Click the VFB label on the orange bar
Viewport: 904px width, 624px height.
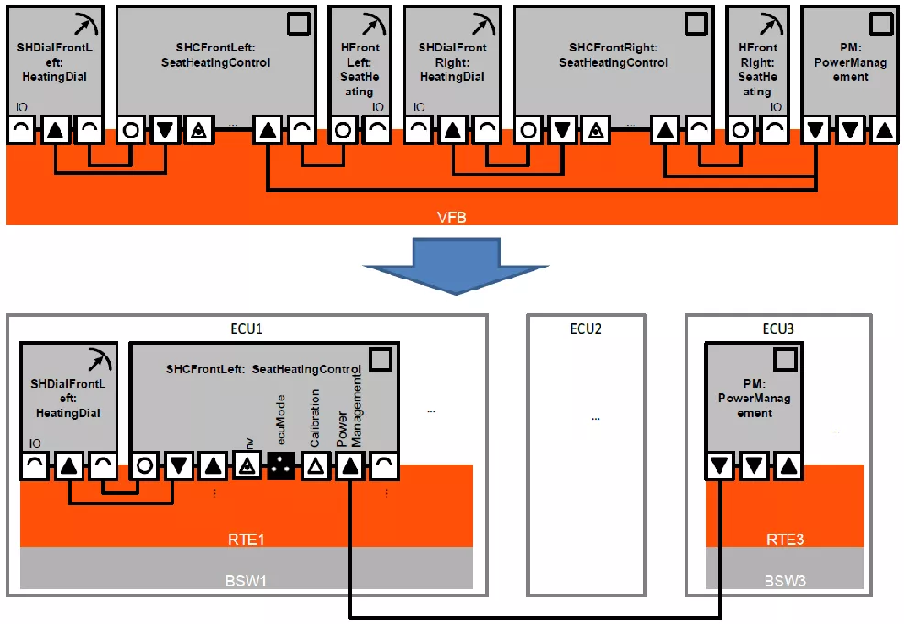[x=452, y=216]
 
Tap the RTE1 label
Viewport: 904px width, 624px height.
[x=246, y=539]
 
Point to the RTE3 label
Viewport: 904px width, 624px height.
[x=785, y=539]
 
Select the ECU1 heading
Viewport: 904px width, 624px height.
[x=246, y=328]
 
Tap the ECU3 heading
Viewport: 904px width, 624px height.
[x=778, y=328]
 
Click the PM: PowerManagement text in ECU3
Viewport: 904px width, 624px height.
[x=754, y=398]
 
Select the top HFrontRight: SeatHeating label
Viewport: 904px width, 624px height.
[x=756, y=70]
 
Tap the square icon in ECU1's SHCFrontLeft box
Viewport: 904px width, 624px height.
[x=381, y=358]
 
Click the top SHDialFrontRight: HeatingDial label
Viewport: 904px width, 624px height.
[x=452, y=62]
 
